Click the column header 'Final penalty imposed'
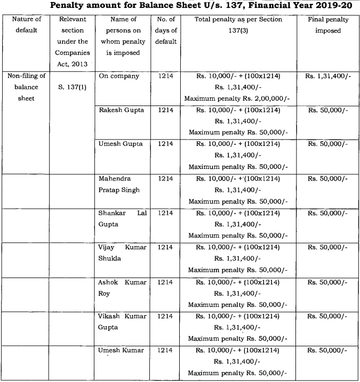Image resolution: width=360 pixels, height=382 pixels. (x=329, y=25)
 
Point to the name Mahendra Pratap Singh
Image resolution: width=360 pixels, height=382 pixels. (x=118, y=184)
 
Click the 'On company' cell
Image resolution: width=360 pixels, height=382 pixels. (x=119, y=76)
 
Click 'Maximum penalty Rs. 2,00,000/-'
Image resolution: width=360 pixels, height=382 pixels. (x=238, y=99)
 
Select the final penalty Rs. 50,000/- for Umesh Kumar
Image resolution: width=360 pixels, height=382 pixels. (x=327, y=351)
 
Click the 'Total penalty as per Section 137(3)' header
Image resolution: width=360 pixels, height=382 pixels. (x=238, y=25)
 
